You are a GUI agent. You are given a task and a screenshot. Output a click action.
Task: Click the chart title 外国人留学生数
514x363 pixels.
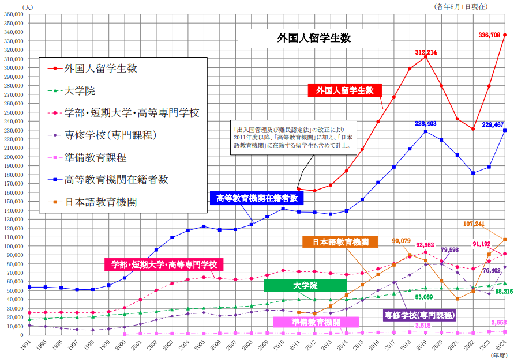coord(314,39)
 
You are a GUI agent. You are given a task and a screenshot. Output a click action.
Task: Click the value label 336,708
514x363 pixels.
coord(489,35)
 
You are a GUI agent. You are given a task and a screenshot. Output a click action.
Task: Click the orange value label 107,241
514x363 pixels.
coord(477,224)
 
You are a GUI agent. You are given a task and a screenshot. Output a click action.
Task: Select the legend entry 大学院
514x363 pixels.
coord(80,90)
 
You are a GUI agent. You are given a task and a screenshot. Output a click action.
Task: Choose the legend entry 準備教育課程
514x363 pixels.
coord(96,157)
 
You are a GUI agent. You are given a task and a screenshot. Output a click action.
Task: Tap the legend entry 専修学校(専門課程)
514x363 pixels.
coord(111,135)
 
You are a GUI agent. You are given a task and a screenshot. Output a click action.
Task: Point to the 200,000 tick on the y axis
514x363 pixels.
coord(13,157)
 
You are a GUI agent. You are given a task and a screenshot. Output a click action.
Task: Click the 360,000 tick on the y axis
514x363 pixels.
coord(13,14)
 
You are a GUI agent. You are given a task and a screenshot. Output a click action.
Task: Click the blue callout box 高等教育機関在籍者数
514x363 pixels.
coord(257,198)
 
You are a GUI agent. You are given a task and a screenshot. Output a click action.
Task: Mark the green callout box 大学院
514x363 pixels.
coord(305,285)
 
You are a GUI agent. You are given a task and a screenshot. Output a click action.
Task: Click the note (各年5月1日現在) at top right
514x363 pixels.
coord(462,6)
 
